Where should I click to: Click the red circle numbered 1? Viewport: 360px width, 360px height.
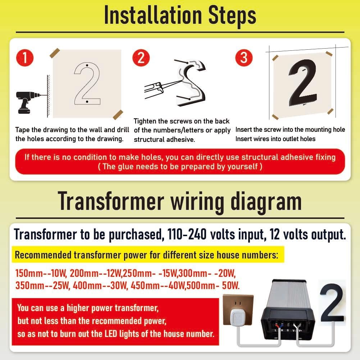tap(25, 58)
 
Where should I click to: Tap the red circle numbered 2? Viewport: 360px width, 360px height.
tap(141, 58)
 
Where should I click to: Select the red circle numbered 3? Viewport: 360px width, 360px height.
tap(244, 58)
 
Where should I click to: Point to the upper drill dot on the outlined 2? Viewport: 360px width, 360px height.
tap(87, 66)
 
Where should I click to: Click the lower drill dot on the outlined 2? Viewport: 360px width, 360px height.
tap(87, 102)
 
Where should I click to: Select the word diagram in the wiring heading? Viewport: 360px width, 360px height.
tap(266, 202)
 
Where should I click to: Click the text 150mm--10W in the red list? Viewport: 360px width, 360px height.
tap(41, 273)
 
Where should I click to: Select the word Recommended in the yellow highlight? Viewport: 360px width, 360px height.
tap(43, 255)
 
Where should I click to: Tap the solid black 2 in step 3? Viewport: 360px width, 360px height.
tap(303, 82)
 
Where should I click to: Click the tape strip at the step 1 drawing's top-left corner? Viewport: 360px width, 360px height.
tap(55, 53)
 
